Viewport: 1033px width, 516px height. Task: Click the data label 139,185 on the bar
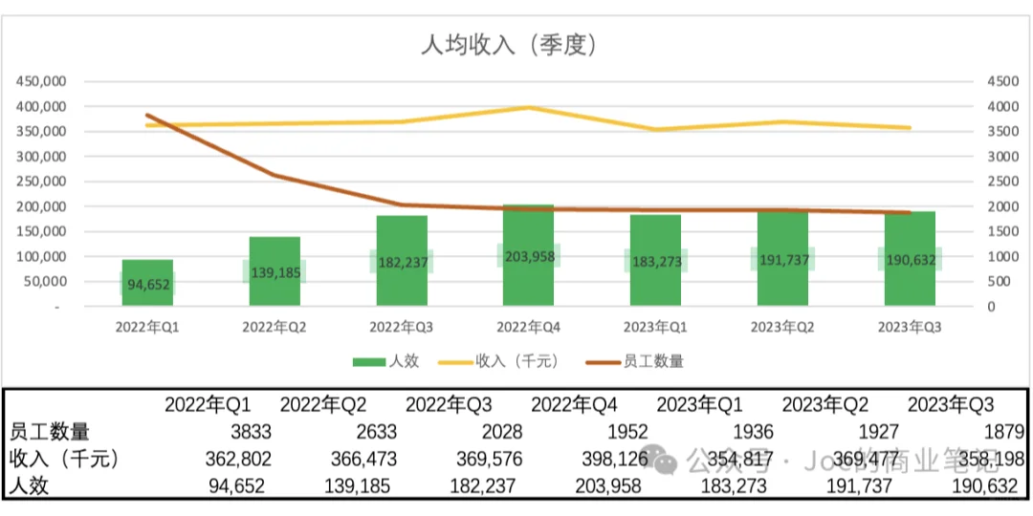tap(274, 272)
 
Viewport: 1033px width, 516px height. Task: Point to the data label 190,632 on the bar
tap(909, 260)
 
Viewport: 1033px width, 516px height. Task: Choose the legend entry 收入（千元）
tap(498, 361)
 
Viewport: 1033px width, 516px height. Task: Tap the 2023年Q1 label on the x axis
tap(655, 327)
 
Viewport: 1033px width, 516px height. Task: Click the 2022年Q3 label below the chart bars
tap(401, 327)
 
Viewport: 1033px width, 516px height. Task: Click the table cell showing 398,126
tap(610, 460)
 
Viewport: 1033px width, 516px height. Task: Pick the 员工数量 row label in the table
tap(49, 432)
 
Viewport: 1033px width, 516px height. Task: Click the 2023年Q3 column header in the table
tap(950, 404)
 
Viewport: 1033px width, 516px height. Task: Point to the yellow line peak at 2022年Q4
tap(529, 108)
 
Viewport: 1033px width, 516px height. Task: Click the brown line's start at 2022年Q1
tap(147, 116)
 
